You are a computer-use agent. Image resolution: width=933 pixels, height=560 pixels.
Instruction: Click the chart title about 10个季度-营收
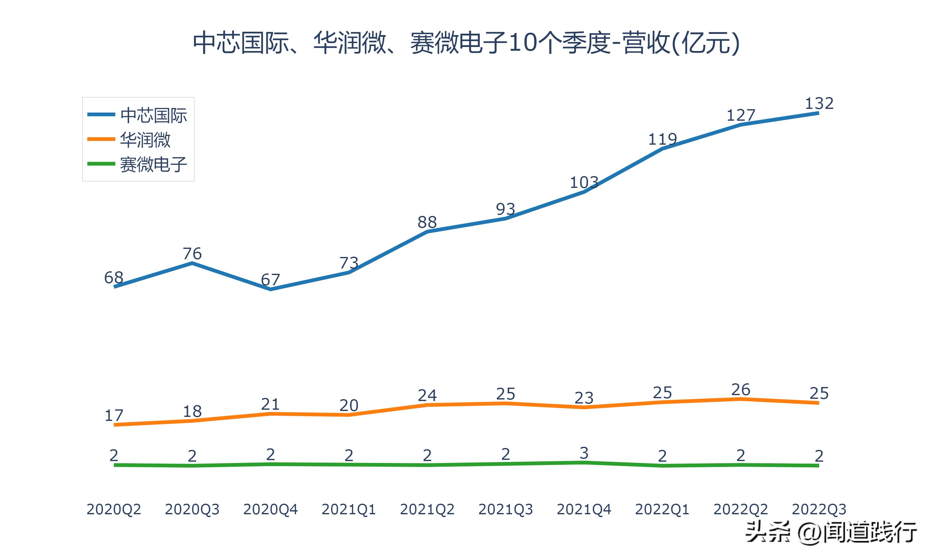466,43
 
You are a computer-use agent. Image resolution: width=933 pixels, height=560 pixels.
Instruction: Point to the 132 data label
819,103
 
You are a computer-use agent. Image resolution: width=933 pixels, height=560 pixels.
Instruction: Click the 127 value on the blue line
741,115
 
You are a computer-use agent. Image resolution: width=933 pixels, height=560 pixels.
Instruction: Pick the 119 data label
662,140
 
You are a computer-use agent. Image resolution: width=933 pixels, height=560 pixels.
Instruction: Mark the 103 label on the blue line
584,183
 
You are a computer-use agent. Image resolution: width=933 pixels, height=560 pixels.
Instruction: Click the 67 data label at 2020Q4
270,280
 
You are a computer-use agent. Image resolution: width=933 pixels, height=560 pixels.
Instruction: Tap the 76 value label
192,254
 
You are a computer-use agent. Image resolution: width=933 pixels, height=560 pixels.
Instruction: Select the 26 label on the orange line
741,390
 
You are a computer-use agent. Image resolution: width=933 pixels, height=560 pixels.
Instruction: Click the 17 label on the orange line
114,415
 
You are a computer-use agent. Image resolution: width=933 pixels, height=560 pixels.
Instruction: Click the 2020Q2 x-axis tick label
114,509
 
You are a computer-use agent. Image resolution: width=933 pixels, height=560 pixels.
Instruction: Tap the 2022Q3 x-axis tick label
819,509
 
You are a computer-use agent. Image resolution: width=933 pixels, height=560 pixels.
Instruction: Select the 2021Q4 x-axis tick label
584,509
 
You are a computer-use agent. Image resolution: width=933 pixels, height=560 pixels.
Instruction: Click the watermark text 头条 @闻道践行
831,532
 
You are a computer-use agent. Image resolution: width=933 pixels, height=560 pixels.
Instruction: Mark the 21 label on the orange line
270,404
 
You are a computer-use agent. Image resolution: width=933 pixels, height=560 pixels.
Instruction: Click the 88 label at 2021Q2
427,222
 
